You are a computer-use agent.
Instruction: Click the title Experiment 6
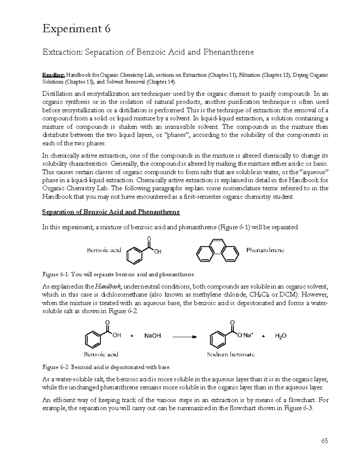pyautogui.click(x=76, y=29)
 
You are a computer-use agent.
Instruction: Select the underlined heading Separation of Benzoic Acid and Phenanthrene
pyautogui.click(x=111, y=212)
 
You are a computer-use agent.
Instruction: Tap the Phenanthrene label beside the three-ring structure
pyautogui.click(x=265, y=250)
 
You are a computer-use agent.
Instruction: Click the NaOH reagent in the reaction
pyautogui.click(x=153, y=336)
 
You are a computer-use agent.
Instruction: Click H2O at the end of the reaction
pyautogui.click(x=280, y=336)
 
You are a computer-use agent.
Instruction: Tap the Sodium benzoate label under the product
pyautogui.click(x=231, y=354)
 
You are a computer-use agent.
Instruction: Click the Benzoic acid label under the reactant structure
pyautogui.click(x=101, y=354)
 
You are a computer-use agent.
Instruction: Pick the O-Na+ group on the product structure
pyautogui.click(x=245, y=335)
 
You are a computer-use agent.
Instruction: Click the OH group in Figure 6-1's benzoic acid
pyautogui.click(x=158, y=252)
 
